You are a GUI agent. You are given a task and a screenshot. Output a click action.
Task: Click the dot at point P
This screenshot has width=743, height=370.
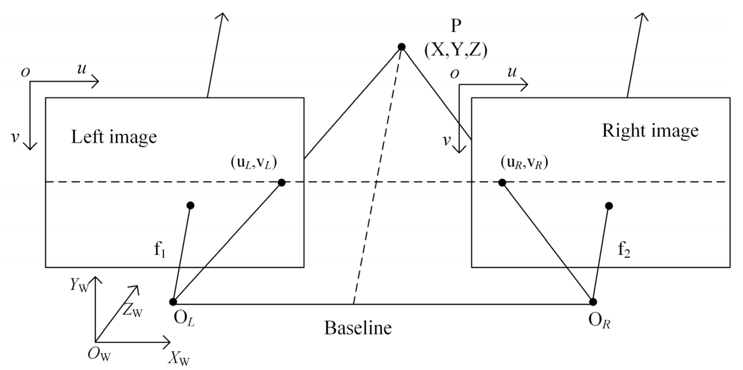click(x=402, y=47)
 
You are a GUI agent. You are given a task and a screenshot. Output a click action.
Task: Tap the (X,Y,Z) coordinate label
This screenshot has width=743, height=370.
click(x=455, y=51)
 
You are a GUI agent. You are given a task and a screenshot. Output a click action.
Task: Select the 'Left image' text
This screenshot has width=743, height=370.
click(x=114, y=137)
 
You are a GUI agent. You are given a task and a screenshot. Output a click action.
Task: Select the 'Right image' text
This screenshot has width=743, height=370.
click(x=650, y=131)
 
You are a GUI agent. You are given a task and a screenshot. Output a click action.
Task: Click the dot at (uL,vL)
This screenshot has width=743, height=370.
click(x=281, y=182)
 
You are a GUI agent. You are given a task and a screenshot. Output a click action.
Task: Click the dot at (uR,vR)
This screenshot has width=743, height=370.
click(x=502, y=182)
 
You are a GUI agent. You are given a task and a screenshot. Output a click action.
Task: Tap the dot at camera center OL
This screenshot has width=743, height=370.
click(x=173, y=302)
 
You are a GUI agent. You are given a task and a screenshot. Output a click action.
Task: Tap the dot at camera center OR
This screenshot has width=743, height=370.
click(x=593, y=302)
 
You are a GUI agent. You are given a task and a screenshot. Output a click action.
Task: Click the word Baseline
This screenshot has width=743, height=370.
click(x=358, y=328)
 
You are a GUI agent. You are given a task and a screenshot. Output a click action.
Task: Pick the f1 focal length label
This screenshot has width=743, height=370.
click(x=160, y=251)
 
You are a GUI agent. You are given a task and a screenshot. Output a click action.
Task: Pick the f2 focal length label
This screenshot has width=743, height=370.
click(x=624, y=251)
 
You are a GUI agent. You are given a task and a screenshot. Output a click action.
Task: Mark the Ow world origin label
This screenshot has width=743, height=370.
click(x=99, y=355)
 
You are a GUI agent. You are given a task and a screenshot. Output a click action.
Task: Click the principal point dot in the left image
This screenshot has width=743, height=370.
click(x=190, y=205)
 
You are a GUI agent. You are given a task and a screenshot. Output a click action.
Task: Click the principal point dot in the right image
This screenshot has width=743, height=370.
click(x=609, y=206)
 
